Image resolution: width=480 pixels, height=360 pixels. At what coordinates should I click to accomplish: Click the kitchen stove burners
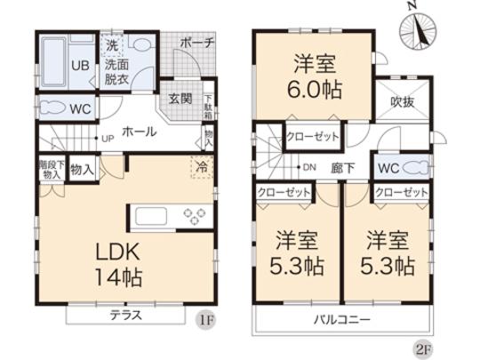tap(194, 214)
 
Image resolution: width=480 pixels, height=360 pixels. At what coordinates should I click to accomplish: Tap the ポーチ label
tap(195, 42)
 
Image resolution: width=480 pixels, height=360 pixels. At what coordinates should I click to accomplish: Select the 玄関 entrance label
tap(180, 98)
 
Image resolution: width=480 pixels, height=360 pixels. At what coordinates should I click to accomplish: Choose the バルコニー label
tap(341, 319)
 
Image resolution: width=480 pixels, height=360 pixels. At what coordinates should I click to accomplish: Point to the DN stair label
tap(310, 168)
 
